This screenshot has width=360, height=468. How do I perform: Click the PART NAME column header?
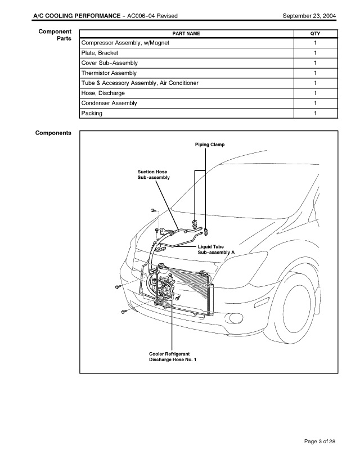click(x=186, y=34)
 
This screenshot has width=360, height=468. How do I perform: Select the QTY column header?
click(x=315, y=34)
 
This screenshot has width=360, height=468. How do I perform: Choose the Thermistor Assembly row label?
click(x=109, y=73)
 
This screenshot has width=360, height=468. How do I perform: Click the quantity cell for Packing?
click(x=315, y=114)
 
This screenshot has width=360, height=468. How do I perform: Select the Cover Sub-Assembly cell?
click(x=110, y=63)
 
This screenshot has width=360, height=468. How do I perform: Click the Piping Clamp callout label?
click(x=209, y=145)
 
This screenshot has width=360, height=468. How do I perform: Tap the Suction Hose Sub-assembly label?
click(x=154, y=174)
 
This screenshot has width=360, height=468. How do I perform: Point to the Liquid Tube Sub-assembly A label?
click(x=216, y=250)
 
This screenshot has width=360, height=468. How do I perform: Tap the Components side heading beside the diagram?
click(x=53, y=133)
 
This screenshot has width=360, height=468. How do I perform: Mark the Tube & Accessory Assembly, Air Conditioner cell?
click(x=139, y=83)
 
